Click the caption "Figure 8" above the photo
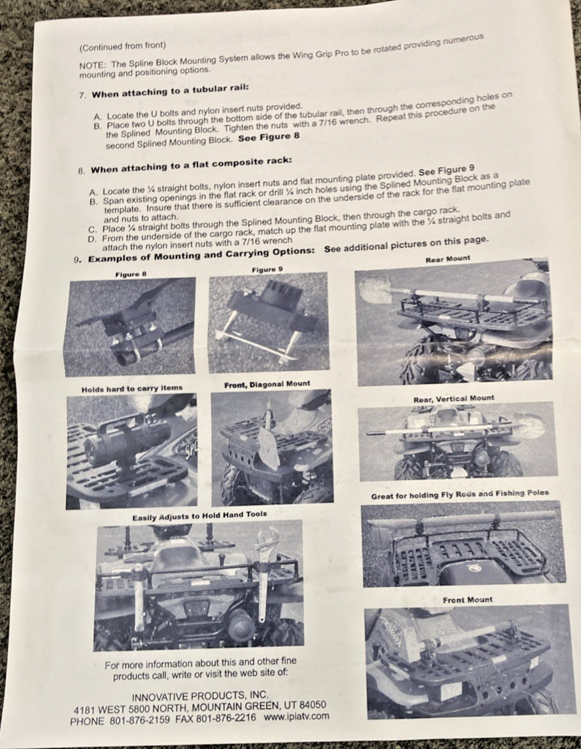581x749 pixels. (x=130, y=274)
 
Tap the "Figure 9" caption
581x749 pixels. (x=267, y=270)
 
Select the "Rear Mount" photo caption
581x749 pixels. (x=447, y=259)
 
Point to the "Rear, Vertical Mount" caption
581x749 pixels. (x=453, y=398)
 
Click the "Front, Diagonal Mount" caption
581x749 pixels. (x=267, y=384)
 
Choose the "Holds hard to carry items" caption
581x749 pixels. (x=132, y=389)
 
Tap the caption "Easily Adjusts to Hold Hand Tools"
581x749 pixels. (x=199, y=515)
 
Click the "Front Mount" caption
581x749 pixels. (x=467, y=600)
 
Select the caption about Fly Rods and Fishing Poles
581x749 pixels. (x=460, y=495)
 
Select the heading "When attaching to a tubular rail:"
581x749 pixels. (x=170, y=91)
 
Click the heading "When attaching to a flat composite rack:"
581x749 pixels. (x=191, y=166)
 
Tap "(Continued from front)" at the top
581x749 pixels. (x=123, y=46)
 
